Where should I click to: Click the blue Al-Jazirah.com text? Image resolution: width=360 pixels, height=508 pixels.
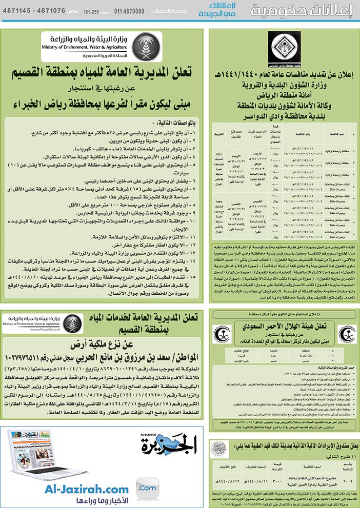pos(89,490)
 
